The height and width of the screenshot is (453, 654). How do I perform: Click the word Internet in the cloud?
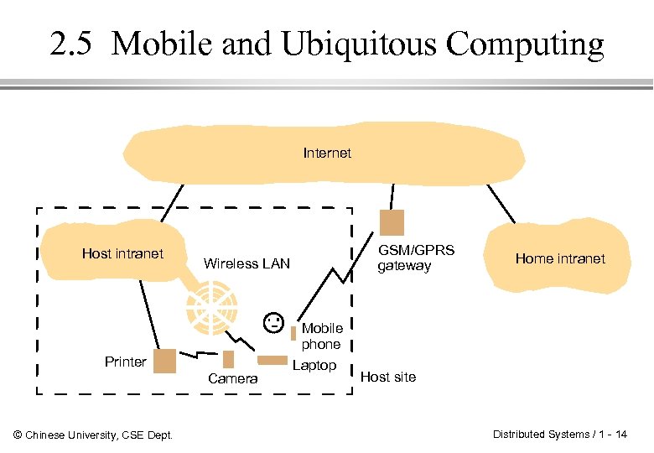click(x=327, y=153)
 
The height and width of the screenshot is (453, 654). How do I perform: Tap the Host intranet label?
click(x=122, y=253)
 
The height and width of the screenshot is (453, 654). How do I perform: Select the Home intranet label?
click(x=559, y=258)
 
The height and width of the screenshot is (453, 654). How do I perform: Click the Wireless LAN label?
click(x=247, y=263)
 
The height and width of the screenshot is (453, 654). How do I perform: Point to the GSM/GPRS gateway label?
click(x=415, y=258)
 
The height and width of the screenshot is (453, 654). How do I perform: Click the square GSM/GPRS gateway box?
click(x=392, y=222)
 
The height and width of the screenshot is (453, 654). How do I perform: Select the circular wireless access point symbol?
click(x=211, y=307)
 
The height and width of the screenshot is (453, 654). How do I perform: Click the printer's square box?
click(x=164, y=361)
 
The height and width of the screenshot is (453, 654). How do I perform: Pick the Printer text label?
click(x=126, y=362)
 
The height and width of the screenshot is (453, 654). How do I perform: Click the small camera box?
click(x=229, y=359)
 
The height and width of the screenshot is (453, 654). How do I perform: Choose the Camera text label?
click(x=233, y=379)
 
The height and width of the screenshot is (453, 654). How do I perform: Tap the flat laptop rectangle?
click(x=272, y=361)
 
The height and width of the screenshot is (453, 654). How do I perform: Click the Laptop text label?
click(x=314, y=365)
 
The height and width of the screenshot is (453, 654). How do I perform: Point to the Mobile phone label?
click(x=321, y=336)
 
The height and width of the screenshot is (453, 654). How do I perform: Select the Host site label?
click(x=387, y=377)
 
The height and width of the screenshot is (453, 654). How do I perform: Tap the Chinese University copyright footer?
click(x=94, y=435)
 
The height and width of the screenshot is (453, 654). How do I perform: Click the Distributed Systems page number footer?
click(x=559, y=434)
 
